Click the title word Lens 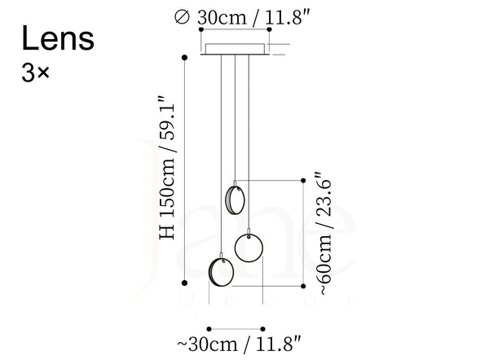click(58, 38)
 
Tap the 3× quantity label click(35, 73)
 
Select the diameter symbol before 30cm click(182, 17)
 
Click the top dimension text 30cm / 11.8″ click(253, 17)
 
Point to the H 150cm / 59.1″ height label click(167, 168)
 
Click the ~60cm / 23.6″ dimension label click(324, 233)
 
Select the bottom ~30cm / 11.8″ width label click(240, 344)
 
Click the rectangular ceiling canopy click(235, 49)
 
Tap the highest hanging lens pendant click(236, 200)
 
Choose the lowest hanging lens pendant click(221, 271)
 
